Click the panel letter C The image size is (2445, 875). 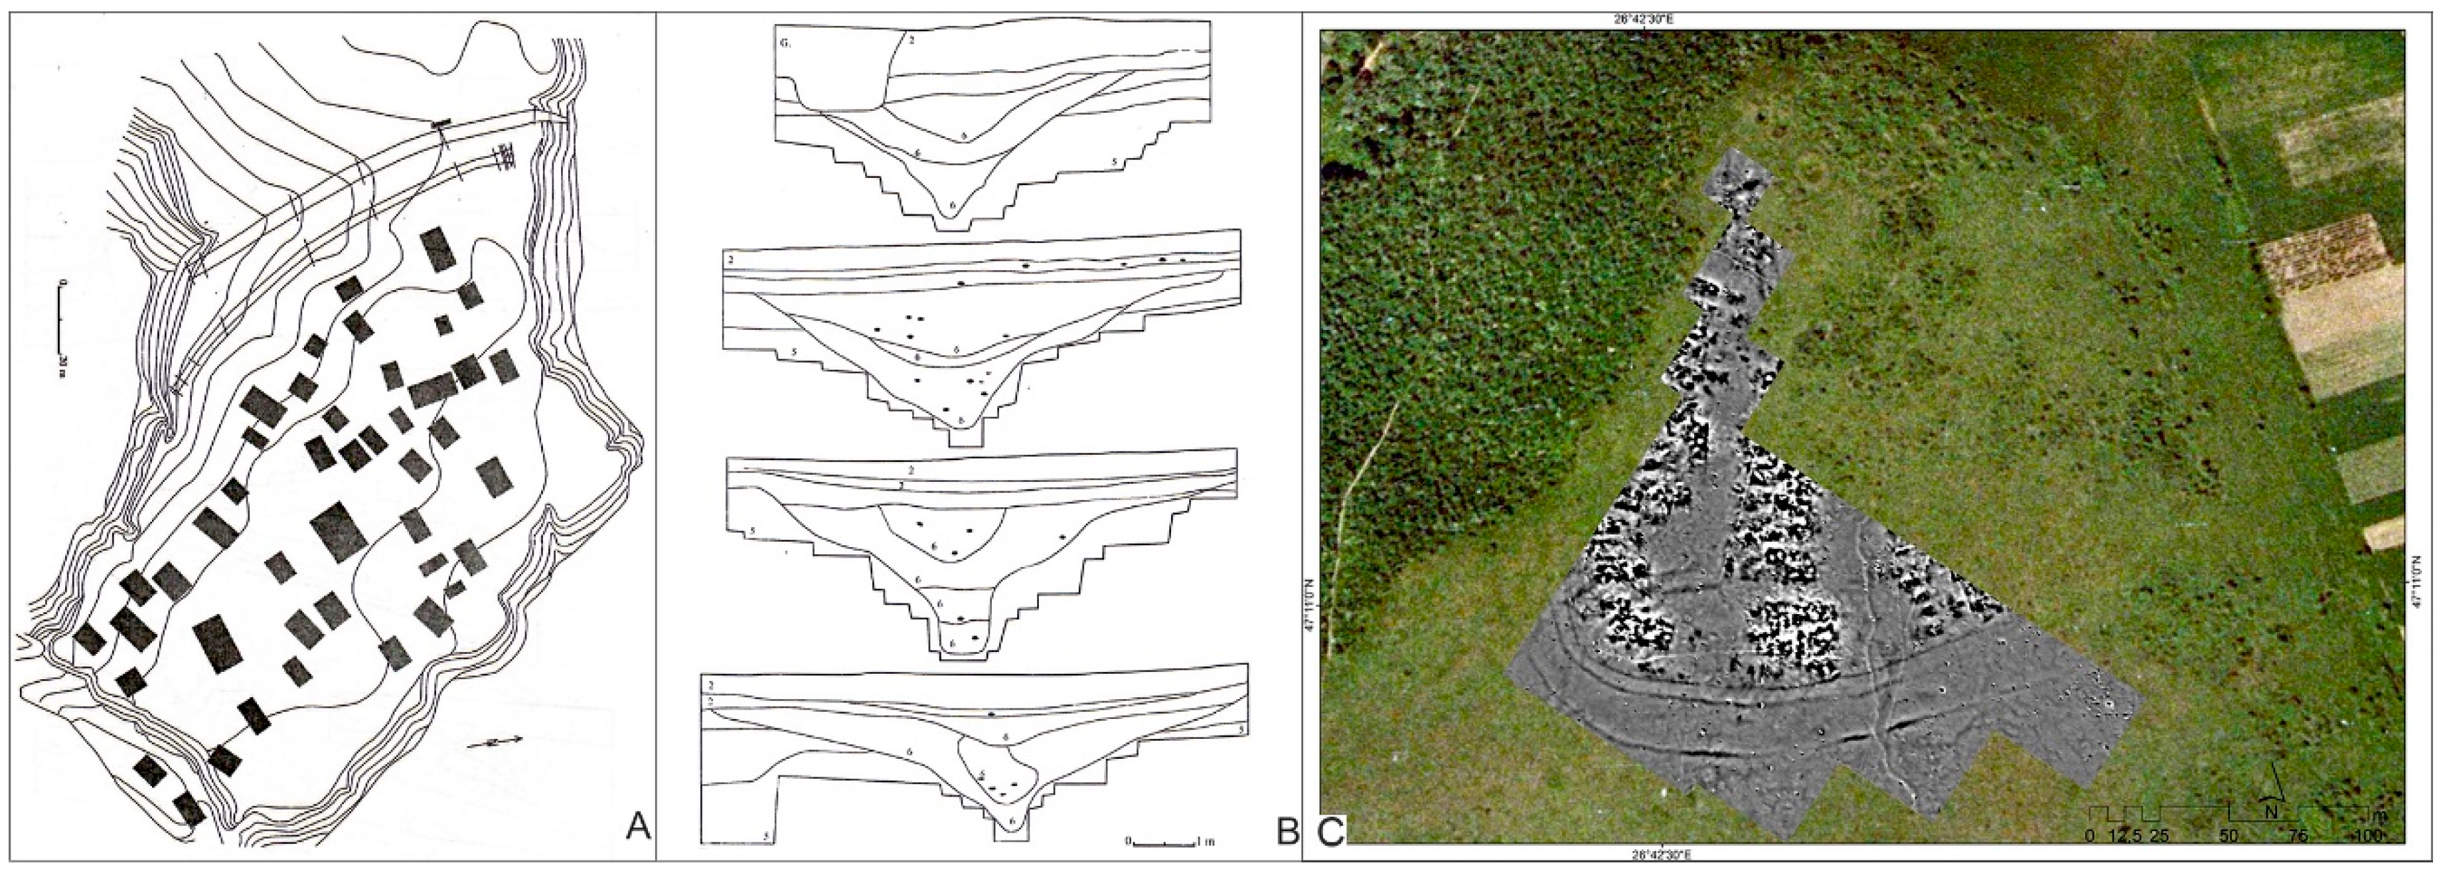point(1332,831)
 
